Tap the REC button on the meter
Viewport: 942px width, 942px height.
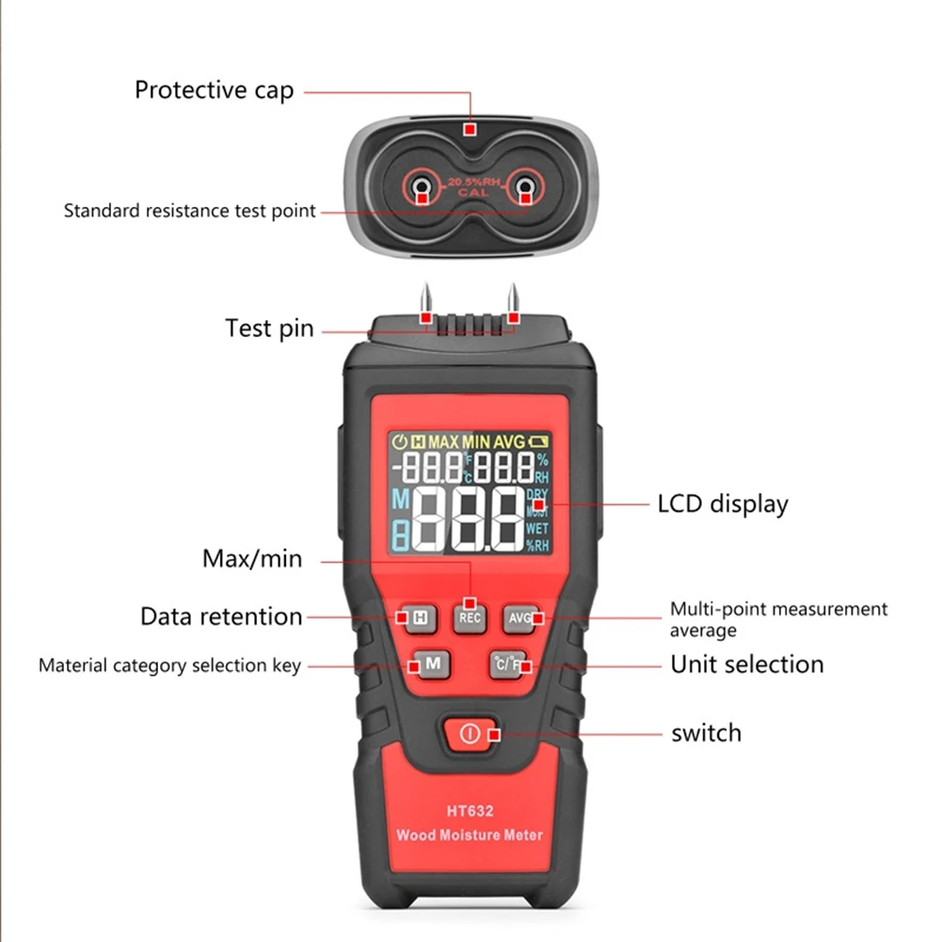pos(470,617)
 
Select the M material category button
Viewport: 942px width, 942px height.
pos(431,663)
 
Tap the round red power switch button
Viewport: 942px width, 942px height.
pos(471,733)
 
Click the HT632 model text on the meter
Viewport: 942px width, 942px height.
pos(471,810)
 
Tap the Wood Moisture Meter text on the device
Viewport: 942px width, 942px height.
pos(470,835)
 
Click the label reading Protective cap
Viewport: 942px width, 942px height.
pos(214,90)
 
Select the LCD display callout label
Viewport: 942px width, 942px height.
pos(722,503)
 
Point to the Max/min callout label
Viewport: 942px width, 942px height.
pos(252,558)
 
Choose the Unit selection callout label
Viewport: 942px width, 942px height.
pos(746,664)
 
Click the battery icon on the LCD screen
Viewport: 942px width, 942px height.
pos(538,439)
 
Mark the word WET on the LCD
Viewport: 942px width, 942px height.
pos(537,528)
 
